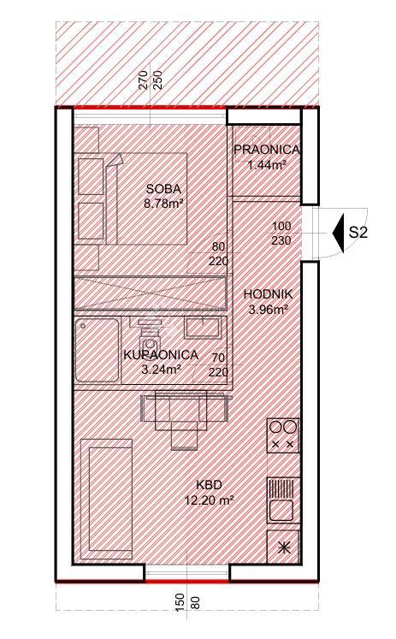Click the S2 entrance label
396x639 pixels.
pos(358,233)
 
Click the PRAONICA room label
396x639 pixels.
pos(266,151)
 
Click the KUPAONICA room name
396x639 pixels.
pos(161,354)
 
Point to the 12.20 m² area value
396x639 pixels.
pos(210,500)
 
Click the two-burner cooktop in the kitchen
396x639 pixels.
pos(283,435)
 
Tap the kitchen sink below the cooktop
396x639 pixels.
pos(283,501)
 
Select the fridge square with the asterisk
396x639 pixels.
pos(283,547)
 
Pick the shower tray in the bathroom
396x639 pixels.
pos(94,351)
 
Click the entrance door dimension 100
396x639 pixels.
pos(281,227)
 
